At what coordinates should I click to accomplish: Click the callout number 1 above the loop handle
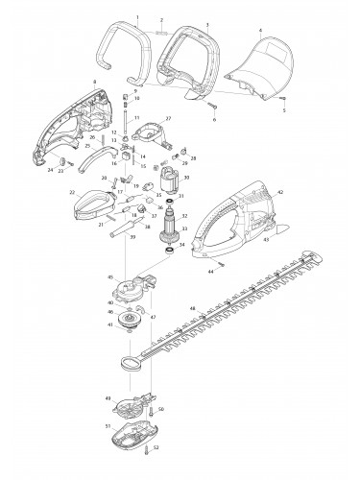pyautogui.click(x=138, y=17)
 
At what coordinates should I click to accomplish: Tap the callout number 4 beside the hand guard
pyautogui.click(x=259, y=29)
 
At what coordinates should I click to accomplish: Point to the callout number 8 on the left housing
pyautogui.click(x=94, y=81)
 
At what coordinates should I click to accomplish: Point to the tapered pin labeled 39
pyautogui.click(x=142, y=248)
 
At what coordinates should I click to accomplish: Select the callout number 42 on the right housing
pyautogui.click(x=279, y=193)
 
